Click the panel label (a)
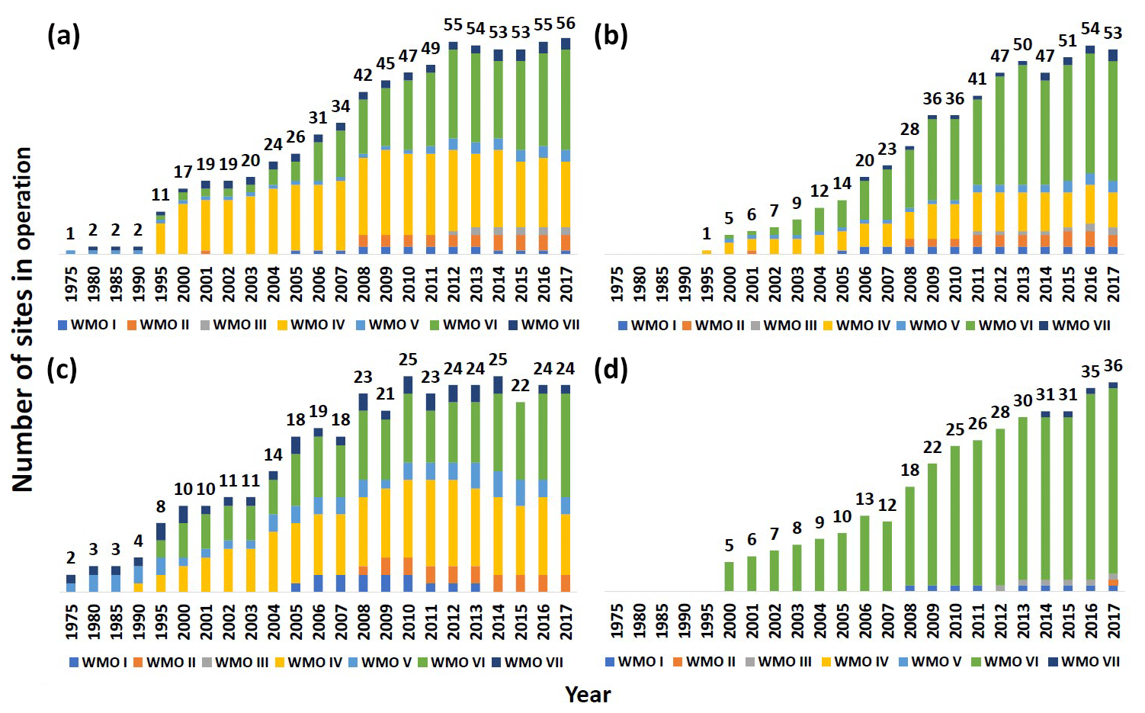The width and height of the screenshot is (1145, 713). coord(63,36)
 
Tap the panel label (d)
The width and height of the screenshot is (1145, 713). coord(611,369)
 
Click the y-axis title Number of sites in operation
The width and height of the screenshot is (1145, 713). coord(22,319)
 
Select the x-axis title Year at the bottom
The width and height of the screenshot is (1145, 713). coord(588,694)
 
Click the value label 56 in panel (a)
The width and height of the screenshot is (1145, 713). coord(566,24)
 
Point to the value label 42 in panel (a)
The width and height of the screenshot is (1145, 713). coord(363,75)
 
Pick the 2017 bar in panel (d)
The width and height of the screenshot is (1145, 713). coord(1113,488)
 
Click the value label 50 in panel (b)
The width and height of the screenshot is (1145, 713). coord(1023,45)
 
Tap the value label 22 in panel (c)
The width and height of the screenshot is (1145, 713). coord(520,385)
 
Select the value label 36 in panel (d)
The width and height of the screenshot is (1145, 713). coord(1113,366)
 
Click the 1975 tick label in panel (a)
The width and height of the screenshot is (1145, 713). coord(71,284)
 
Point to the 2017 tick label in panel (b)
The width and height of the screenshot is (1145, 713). coord(1113,284)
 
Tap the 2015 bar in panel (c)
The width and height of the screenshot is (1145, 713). coord(521,496)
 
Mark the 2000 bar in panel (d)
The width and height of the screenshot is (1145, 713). coord(729,577)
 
